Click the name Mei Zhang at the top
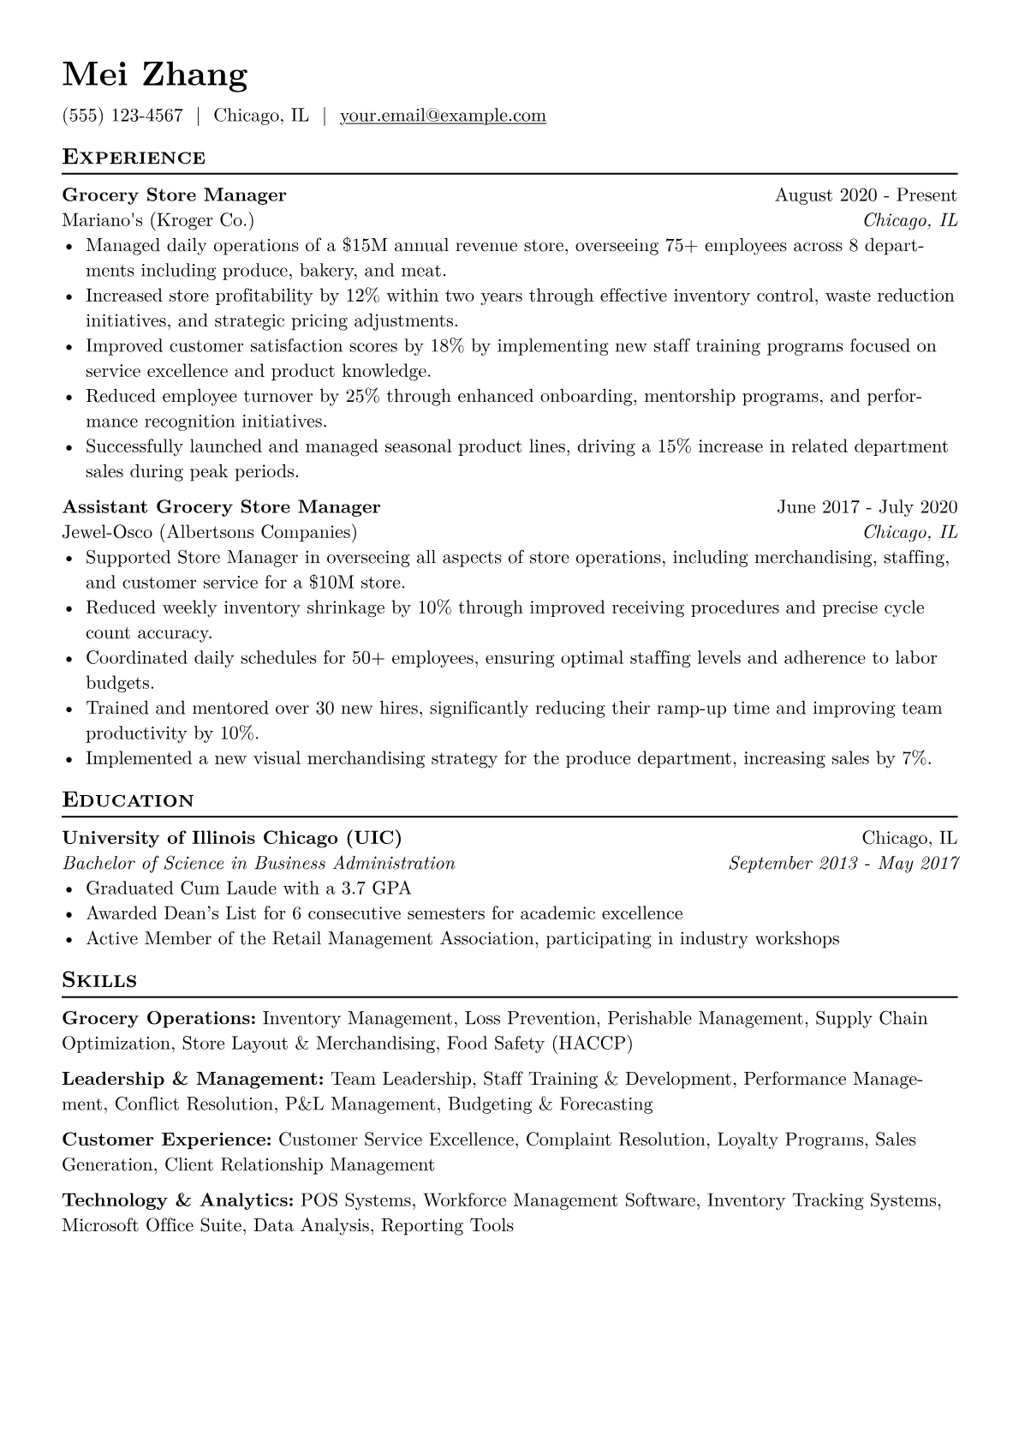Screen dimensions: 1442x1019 [155, 75]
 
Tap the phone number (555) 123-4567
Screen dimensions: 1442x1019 [122, 116]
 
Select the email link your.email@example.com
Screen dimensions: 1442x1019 [443, 116]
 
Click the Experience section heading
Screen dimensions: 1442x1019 [134, 158]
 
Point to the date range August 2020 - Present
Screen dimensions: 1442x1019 [866, 195]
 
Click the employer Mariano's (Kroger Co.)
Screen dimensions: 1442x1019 [158, 221]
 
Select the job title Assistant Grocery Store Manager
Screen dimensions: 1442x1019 [221, 507]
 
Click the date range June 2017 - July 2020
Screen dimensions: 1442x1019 [867, 507]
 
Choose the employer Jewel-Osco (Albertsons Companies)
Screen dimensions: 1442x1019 [210, 533]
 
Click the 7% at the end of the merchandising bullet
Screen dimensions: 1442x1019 [915, 759]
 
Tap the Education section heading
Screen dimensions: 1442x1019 [128, 801]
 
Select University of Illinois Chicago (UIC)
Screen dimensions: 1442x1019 [231, 838]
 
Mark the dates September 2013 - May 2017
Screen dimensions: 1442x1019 [843, 864]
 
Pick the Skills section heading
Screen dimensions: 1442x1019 [99, 981]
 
